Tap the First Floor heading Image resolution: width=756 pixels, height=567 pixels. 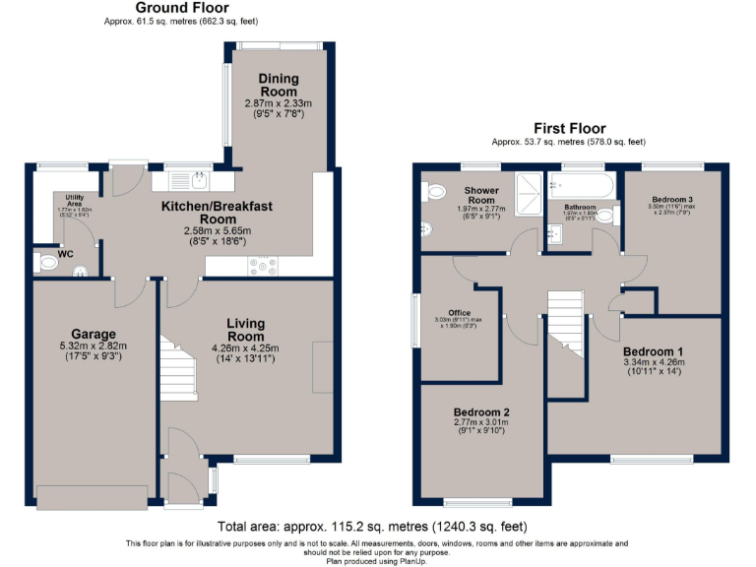[x=569, y=129]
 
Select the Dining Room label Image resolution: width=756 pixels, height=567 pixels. [x=279, y=85]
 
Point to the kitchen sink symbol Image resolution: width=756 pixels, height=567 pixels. [x=198, y=179]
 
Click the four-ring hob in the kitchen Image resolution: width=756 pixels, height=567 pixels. [x=263, y=265]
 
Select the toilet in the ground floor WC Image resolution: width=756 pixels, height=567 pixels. [x=48, y=264]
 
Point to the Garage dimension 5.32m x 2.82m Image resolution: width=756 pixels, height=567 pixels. [x=94, y=346]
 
